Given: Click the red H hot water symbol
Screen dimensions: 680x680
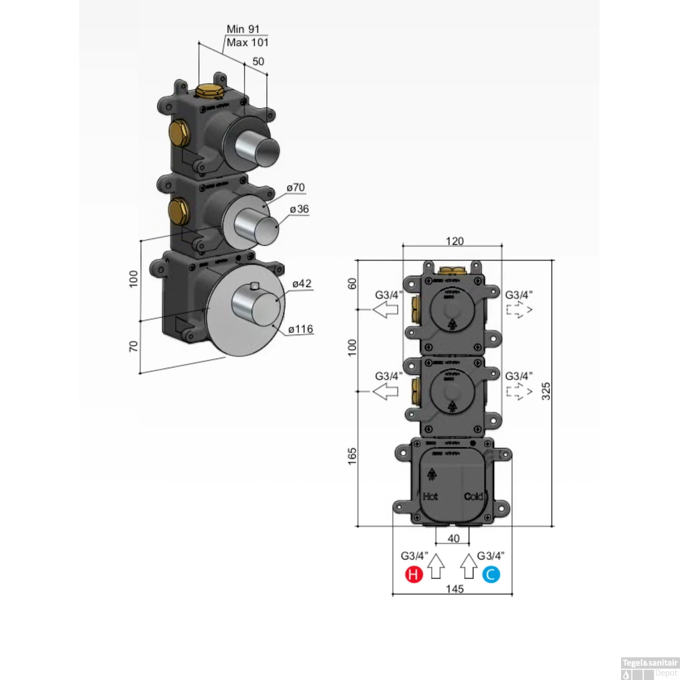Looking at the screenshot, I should pos(413,574).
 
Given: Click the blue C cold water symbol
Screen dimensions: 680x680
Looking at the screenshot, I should pos(491,574).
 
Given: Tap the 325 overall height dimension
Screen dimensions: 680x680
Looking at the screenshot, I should pos(546,391).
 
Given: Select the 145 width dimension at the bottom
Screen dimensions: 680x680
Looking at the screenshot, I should pos(455,588).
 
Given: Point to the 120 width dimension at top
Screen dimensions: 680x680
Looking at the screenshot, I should pos(455,241).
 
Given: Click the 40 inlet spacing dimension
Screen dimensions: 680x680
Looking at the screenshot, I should pos(453,538).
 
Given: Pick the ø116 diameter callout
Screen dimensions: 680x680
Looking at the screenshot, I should pos(301,329).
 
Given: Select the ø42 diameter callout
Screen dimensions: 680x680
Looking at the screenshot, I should pos(302,284).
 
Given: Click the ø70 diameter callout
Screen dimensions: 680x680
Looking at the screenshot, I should pos(296,187).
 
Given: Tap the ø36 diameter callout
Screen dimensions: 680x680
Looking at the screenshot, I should pos(299,209).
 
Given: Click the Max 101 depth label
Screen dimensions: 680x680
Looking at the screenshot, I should pos(248,43).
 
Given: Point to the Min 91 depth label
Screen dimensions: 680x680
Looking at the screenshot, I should pos(243,29).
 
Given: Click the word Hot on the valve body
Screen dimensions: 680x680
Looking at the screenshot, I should pos(430,496).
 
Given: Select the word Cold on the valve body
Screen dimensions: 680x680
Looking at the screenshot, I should pos(474,496).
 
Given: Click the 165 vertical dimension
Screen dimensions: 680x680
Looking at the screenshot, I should pos(352,456).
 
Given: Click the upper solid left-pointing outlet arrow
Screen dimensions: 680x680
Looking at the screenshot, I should pos(385,310).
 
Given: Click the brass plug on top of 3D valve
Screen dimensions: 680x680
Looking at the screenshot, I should pos(209,91).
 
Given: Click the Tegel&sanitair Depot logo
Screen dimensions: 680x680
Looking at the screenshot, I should pos(650,668).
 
